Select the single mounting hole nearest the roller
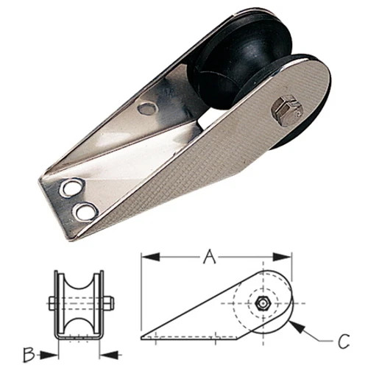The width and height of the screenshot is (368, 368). [147, 109]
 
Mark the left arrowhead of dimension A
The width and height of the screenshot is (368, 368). [146, 258]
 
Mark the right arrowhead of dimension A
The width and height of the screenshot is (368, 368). [289, 258]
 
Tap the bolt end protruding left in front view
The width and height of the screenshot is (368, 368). [52, 303]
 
